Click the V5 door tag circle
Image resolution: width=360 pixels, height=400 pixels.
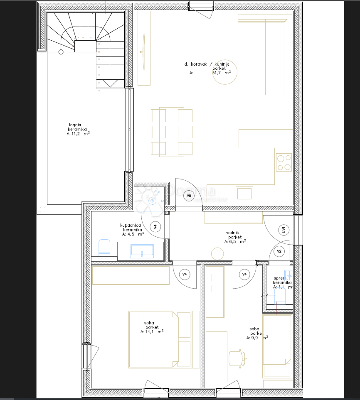click(189, 195)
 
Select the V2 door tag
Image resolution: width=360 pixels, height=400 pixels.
click(279, 251)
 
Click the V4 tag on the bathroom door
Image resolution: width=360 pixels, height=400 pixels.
click(155, 227)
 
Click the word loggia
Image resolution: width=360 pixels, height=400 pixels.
click(75, 125)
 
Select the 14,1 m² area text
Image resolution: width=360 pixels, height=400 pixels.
click(152, 331)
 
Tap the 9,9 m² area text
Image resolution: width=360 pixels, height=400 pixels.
click(257, 338)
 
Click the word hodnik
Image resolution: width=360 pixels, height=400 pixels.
click(232, 233)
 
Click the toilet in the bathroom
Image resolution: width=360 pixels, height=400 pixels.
click(104, 247)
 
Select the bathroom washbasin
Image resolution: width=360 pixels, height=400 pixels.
click(142, 251)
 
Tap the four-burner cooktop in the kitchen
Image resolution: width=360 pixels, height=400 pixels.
click(284, 162)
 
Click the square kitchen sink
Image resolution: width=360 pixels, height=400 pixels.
click(244, 194)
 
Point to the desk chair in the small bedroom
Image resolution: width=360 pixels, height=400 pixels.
click(237, 358)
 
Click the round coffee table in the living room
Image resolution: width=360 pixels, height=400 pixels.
click(225, 72)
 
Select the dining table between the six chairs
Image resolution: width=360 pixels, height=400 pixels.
click(172, 132)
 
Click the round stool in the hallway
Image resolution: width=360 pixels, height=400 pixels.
click(217, 253)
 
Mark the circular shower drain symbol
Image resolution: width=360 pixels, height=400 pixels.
click(152, 201)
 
